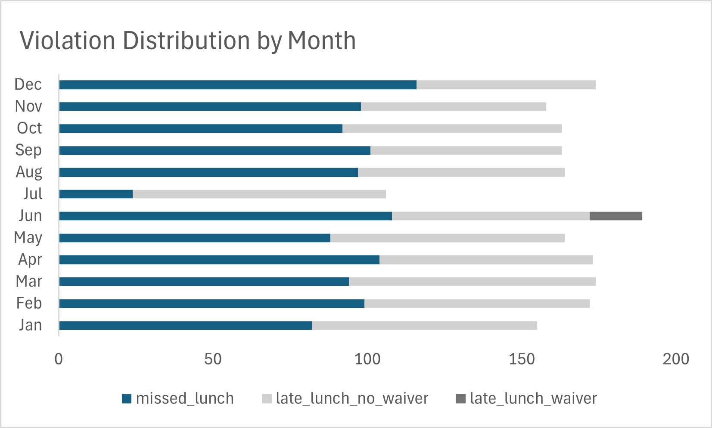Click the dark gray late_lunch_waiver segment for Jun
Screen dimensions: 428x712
(616, 216)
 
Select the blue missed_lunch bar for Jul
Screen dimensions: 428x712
(96, 194)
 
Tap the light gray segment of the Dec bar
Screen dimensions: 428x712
(506, 84)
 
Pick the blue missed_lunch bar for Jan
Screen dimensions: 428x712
(185, 325)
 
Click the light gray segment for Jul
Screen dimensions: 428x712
(259, 194)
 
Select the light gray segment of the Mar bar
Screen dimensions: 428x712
(472, 281)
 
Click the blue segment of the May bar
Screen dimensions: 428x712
(195, 238)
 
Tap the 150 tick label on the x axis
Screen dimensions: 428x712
(521, 359)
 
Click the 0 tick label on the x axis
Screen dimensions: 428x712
(59, 359)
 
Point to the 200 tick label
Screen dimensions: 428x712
(675, 359)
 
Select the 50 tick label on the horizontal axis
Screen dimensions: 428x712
(213, 359)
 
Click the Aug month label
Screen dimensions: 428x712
(29, 172)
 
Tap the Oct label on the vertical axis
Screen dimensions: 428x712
(29, 128)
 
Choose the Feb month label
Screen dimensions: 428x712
(29, 303)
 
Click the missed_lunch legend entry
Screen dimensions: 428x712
(178, 399)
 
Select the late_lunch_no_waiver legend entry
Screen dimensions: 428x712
(345, 399)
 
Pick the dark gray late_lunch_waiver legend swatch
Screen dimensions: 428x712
(460, 399)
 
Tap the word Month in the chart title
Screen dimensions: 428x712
(321, 41)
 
